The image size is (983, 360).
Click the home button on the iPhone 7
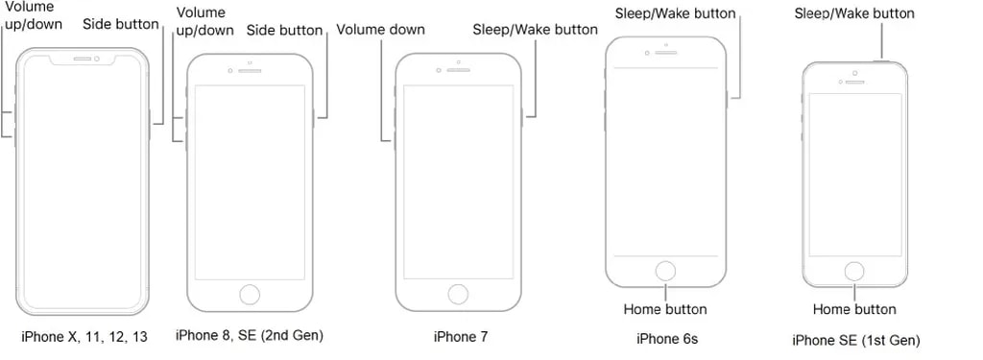(458, 294)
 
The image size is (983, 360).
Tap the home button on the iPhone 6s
(666, 272)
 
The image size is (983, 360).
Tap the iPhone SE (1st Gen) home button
(853, 272)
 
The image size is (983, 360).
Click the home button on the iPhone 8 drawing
(251, 294)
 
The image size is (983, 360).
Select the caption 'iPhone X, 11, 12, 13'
(84, 337)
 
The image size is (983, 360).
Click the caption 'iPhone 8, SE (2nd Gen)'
(250, 336)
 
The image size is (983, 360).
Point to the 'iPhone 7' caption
(460, 337)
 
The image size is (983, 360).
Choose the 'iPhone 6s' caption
(667, 339)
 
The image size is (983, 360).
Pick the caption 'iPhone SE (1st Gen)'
(855, 341)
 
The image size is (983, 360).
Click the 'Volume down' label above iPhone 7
(380, 30)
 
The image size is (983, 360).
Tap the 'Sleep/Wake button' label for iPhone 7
(535, 30)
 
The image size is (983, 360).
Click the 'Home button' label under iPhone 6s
(665, 308)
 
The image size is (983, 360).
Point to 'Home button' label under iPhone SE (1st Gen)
(854, 308)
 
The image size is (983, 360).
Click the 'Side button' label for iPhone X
(121, 24)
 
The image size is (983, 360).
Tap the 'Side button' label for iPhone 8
(284, 30)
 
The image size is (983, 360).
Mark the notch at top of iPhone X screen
(83, 59)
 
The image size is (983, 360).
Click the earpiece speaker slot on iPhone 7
(458, 70)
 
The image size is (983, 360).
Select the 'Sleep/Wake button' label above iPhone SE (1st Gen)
(854, 13)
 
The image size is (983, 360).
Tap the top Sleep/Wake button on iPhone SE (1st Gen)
(883, 60)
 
